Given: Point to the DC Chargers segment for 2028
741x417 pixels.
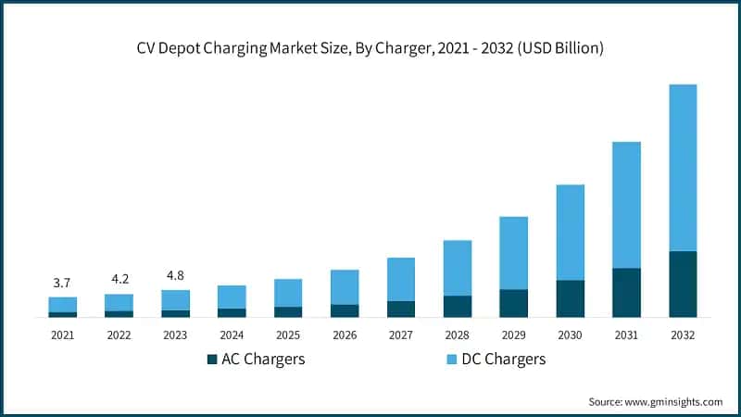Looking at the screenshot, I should point(458,268).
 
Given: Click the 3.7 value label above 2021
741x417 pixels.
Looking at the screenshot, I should point(62,283).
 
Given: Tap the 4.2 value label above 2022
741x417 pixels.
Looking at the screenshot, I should point(119,279).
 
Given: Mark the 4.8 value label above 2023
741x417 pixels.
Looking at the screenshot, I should point(175,275).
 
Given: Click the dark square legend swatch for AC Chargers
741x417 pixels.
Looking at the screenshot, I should point(212,359).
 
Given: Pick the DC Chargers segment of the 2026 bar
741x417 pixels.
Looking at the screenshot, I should point(345,287).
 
